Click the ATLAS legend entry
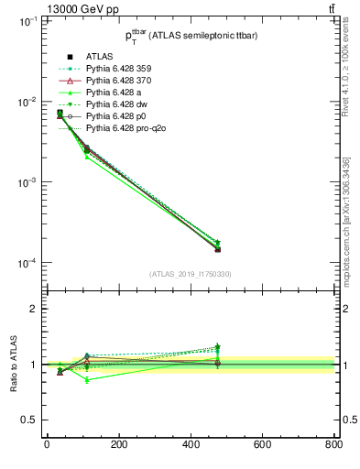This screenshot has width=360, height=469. [99, 57]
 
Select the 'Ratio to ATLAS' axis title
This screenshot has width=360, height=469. [12, 364]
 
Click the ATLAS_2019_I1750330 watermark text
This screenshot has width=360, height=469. [191, 274]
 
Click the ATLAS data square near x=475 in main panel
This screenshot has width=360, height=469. [217, 249]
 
